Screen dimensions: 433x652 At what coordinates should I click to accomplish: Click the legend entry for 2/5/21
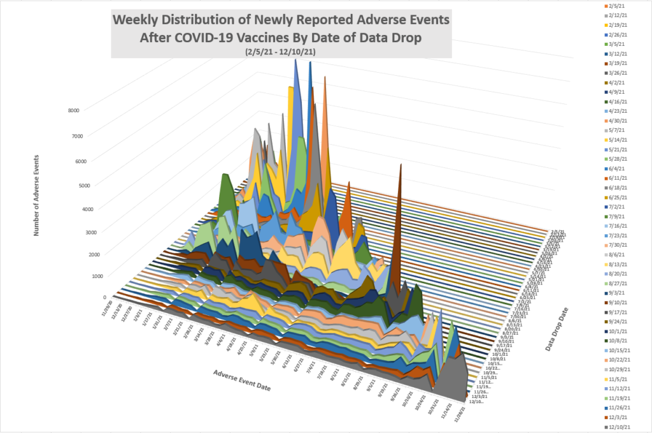point(616,6)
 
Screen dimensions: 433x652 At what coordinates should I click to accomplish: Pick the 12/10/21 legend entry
point(618,427)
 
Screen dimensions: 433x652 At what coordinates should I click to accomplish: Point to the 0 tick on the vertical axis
point(104,297)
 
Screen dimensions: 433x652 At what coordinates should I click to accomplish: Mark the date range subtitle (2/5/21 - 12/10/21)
point(281,50)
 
